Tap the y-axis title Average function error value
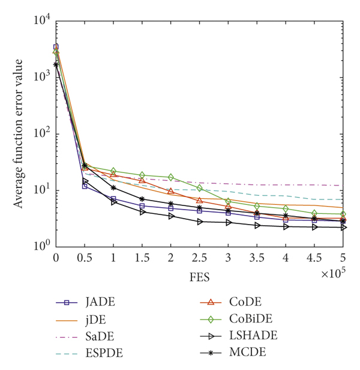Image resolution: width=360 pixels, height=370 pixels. point(19,133)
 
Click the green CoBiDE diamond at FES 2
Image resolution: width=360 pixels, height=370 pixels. point(171,177)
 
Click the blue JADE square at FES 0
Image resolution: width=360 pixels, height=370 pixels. point(56,47)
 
